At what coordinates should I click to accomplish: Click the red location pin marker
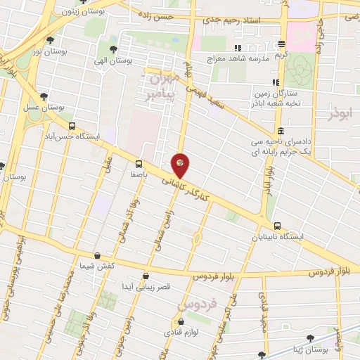(x=181, y=166)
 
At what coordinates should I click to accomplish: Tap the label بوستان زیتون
(x=77, y=12)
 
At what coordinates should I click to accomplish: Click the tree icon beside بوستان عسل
(x=44, y=96)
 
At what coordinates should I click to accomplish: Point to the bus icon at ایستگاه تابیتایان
(x=278, y=226)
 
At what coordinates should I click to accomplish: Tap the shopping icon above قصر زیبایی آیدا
(x=146, y=276)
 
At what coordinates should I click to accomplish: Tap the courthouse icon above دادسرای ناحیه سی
(x=281, y=131)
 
